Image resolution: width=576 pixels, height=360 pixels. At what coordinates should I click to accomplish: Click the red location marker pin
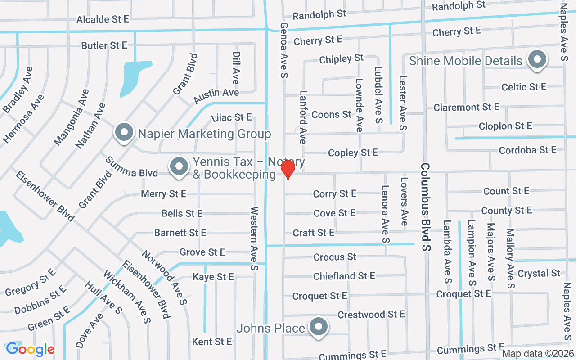coord(288,169)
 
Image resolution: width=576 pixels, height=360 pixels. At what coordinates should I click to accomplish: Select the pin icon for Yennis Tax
coord(179,166)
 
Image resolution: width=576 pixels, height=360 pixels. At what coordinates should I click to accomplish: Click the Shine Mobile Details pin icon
coord(536,59)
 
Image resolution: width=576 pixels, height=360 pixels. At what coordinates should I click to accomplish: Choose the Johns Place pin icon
coord(319,327)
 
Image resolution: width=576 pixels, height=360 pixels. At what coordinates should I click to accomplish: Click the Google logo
coord(30,349)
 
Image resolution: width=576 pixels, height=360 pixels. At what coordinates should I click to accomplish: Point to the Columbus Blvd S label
coord(426,207)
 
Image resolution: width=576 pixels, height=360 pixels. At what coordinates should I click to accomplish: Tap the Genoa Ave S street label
coord(284,49)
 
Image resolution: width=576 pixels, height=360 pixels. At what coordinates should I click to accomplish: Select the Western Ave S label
coord(254,238)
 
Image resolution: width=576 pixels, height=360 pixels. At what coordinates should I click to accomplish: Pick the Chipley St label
coord(341,58)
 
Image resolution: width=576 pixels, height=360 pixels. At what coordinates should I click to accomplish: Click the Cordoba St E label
coord(527,150)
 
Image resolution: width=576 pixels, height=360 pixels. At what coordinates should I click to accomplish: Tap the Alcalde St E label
coord(103,19)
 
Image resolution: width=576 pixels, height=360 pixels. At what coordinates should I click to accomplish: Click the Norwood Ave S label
coord(164,276)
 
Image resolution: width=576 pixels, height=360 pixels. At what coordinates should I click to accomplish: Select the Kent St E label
coord(212,342)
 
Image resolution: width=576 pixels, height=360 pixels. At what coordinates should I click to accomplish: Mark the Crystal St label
coord(539,273)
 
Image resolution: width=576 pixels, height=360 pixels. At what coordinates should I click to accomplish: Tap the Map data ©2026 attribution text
coord(538,353)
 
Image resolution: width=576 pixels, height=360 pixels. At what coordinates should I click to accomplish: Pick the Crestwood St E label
coord(371,314)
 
